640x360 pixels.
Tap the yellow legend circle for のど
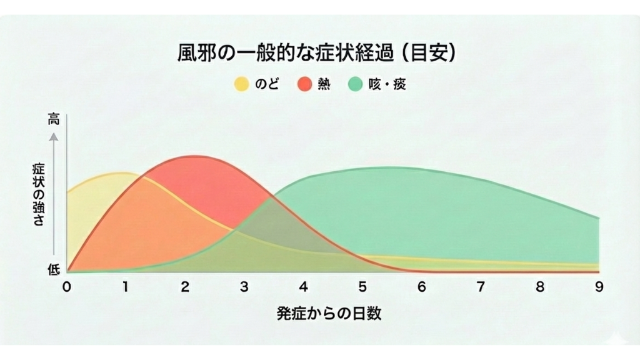click(241, 84)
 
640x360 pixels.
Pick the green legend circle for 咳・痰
click(357, 84)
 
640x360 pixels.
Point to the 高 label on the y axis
click(54, 120)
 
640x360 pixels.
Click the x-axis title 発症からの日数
click(329, 313)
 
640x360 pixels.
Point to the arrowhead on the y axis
click(54, 136)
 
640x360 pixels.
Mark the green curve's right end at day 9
click(599, 218)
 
